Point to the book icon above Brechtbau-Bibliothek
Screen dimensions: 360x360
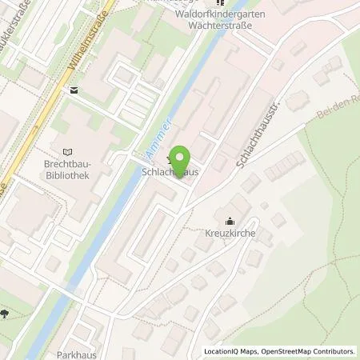pyautogui.click(x=66, y=150)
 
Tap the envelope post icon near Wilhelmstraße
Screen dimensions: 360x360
pyautogui.click(x=74, y=90)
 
